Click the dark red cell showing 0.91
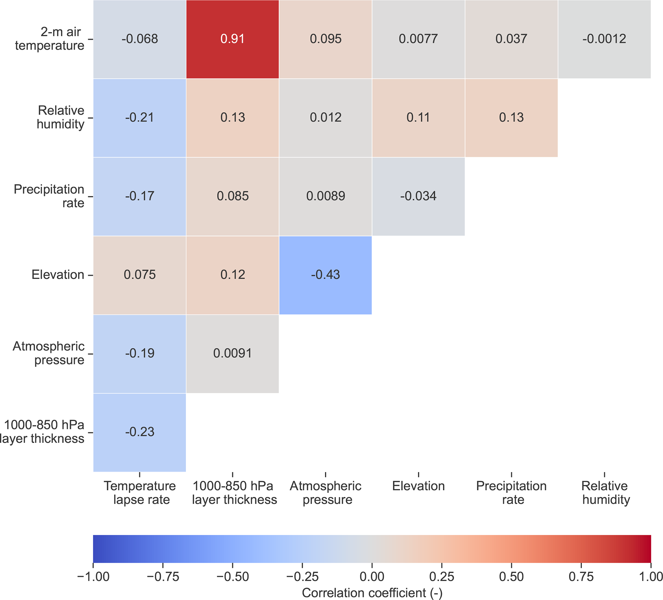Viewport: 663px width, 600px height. click(x=233, y=39)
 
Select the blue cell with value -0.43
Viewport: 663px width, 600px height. click(x=326, y=275)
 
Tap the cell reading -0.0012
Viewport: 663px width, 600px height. click(x=604, y=39)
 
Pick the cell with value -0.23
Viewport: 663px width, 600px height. click(x=140, y=432)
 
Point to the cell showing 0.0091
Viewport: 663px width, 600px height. click(x=233, y=353)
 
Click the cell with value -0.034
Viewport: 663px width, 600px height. click(x=418, y=196)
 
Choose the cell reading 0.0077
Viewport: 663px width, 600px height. click(x=418, y=39)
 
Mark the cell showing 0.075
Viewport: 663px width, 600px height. click(x=140, y=275)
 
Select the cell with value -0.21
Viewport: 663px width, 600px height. click(x=140, y=118)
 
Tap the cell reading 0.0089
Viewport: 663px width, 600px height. click(x=326, y=196)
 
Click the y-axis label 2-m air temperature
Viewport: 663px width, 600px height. click(x=50, y=39)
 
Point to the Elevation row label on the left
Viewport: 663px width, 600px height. click(x=58, y=275)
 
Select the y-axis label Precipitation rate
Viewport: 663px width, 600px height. click(x=49, y=196)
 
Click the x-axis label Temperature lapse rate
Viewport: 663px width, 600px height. click(x=140, y=493)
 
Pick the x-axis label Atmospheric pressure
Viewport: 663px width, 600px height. click(x=326, y=493)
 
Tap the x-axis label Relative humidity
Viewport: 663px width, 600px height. click(x=605, y=493)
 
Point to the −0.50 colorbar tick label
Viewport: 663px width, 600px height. click(x=233, y=577)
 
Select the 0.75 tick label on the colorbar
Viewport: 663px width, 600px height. click(x=581, y=577)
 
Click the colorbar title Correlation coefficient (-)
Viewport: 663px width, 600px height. click(x=372, y=593)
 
